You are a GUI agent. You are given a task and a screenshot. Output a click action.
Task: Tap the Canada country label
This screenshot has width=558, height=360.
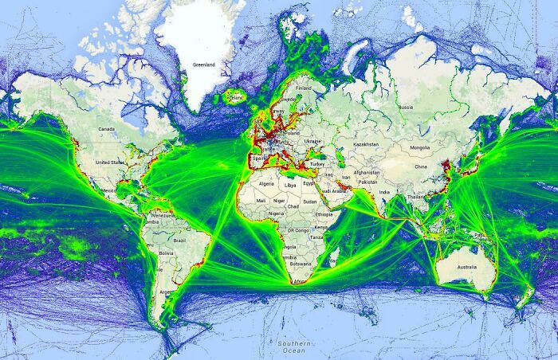tap(106, 129)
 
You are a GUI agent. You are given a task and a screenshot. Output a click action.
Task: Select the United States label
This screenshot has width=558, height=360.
tap(109, 162)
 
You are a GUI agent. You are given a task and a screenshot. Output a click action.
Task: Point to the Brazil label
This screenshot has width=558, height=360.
tap(179, 239)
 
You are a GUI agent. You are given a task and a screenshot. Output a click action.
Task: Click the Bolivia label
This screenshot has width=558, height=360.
tap(165, 252)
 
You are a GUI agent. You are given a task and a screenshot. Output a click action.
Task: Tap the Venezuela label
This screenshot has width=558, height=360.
tap(163, 216)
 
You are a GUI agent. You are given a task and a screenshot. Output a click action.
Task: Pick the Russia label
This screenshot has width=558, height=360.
tap(405, 107)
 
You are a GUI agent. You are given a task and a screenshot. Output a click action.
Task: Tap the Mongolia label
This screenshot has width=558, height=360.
tap(420, 147)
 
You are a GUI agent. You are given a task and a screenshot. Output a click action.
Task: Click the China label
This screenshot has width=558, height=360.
tap(421, 167)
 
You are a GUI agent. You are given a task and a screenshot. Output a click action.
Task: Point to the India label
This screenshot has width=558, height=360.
tap(384, 191)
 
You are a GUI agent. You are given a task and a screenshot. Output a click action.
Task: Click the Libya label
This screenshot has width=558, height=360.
tap(290, 184)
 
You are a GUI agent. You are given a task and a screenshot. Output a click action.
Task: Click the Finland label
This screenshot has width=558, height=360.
tap(304, 88)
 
